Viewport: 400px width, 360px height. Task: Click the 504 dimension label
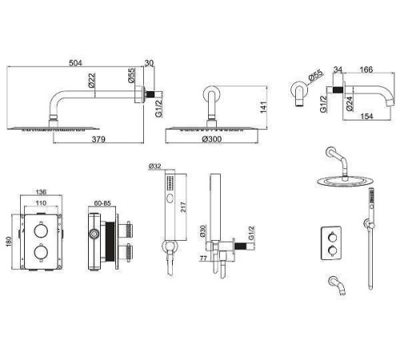coord(75,63)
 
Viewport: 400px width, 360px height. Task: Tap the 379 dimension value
coord(98,139)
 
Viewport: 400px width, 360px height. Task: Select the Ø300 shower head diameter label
coord(212,139)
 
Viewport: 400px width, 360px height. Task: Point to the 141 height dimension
coord(263,107)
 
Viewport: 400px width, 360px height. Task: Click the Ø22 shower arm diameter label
coord(91,80)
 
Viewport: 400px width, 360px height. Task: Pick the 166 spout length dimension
coord(366,70)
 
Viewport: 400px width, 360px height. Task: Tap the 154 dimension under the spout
coord(366,116)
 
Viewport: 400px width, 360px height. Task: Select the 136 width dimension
coord(41,192)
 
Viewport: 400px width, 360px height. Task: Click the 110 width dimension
coord(41,203)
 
